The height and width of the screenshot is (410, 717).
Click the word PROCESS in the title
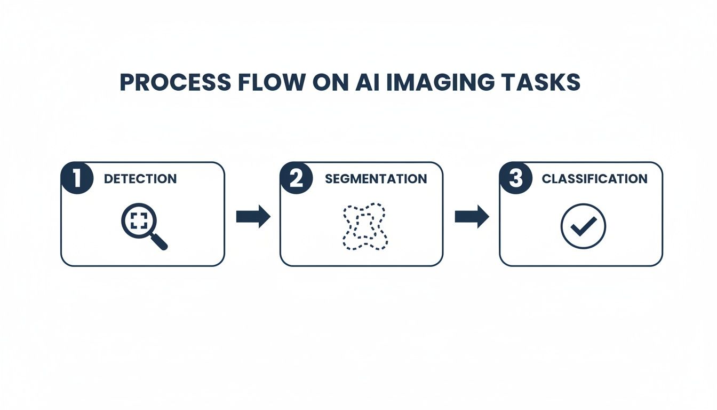point(176,82)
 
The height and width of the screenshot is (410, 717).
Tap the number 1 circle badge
point(78,178)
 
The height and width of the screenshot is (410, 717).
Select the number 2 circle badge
point(297,178)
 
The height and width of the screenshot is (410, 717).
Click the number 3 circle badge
point(516,178)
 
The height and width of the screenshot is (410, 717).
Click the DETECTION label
point(140,179)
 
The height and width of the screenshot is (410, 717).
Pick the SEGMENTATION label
point(376,179)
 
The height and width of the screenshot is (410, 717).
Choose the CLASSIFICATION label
point(594,179)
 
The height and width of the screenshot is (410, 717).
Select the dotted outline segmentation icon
point(363,226)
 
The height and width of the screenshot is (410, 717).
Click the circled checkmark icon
point(583,226)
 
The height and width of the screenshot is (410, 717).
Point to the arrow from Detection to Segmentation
point(253,216)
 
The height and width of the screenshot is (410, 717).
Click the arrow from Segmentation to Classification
point(472,216)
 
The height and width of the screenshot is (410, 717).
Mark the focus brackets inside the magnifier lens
point(138,220)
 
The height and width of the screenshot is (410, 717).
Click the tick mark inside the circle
point(583,227)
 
